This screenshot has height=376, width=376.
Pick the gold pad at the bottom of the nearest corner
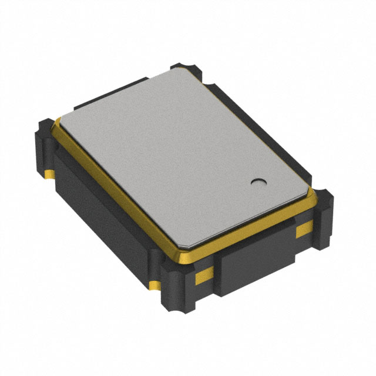pyautogui.click(x=155, y=286)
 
